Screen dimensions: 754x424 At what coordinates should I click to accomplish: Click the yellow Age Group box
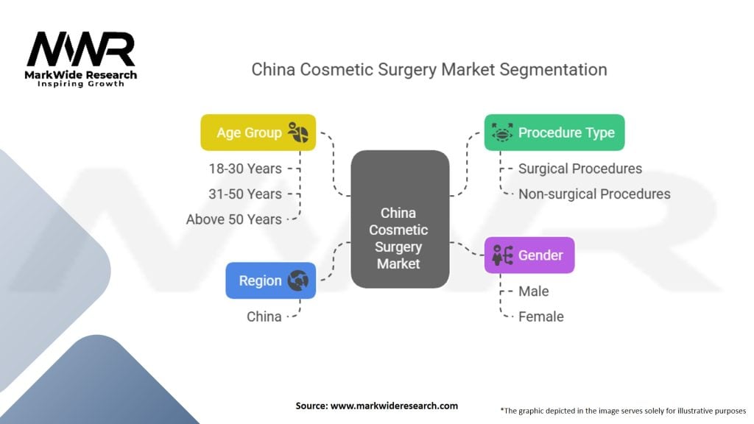click(x=258, y=132)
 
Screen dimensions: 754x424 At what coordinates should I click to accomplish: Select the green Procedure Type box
click(x=554, y=132)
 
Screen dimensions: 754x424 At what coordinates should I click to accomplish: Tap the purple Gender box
click(x=529, y=255)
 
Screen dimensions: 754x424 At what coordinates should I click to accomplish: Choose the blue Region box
click(x=271, y=280)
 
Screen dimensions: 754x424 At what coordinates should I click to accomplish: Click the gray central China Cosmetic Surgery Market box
click(x=400, y=219)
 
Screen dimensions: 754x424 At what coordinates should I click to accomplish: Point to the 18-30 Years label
click(x=245, y=169)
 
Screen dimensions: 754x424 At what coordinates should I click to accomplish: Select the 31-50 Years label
click(x=245, y=194)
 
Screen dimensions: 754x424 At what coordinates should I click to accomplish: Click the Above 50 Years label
click(x=234, y=219)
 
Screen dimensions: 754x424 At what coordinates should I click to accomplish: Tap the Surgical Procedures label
click(x=580, y=169)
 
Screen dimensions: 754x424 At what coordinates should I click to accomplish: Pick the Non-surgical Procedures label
click(x=594, y=194)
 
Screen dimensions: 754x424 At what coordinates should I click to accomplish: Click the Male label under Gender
click(x=534, y=291)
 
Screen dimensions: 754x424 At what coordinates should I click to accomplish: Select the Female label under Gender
click(x=541, y=317)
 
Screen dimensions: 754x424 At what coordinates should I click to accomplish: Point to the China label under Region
click(x=264, y=317)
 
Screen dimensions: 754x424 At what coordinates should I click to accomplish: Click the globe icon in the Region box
click(x=298, y=280)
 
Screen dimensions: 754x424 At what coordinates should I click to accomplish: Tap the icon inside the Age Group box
click(x=298, y=132)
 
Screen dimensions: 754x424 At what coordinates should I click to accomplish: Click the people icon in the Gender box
click(x=502, y=255)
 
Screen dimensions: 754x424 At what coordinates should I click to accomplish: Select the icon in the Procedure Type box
click(x=502, y=132)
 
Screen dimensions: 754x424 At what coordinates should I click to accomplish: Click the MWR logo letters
click(x=81, y=49)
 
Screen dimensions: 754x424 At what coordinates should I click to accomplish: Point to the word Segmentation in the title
click(x=554, y=70)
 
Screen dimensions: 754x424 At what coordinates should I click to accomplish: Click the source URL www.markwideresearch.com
click(x=395, y=406)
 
